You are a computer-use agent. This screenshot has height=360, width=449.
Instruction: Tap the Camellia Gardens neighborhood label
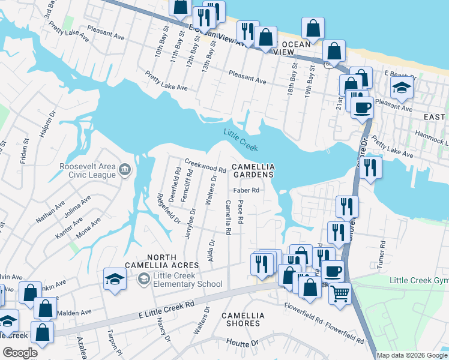pyautogui.click(x=253, y=170)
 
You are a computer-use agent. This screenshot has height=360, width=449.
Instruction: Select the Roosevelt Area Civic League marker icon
pyautogui.click(x=125, y=170)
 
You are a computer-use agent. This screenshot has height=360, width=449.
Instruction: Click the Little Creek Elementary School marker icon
pyautogui.click(x=144, y=278)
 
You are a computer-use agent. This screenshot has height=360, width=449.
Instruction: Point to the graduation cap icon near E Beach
pyautogui.click(x=402, y=88)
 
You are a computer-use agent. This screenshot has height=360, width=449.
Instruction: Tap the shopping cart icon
pyautogui.click(x=340, y=294)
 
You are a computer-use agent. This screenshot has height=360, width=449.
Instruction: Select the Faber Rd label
pyautogui.click(x=246, y=190)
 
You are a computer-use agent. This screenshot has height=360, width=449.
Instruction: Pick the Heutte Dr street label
pyautogui.click(x=242, y=343)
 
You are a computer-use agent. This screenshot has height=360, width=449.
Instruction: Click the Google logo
pyautogui.click(x=20, y=353)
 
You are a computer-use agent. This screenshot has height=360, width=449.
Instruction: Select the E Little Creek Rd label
pyautogui.click(x=167, y=309)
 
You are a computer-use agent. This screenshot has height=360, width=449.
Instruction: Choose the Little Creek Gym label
pyautogui.click(x=418, y=281)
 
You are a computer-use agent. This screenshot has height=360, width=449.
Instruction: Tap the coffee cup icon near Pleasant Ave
pyautogui.click(x=362, y=108)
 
